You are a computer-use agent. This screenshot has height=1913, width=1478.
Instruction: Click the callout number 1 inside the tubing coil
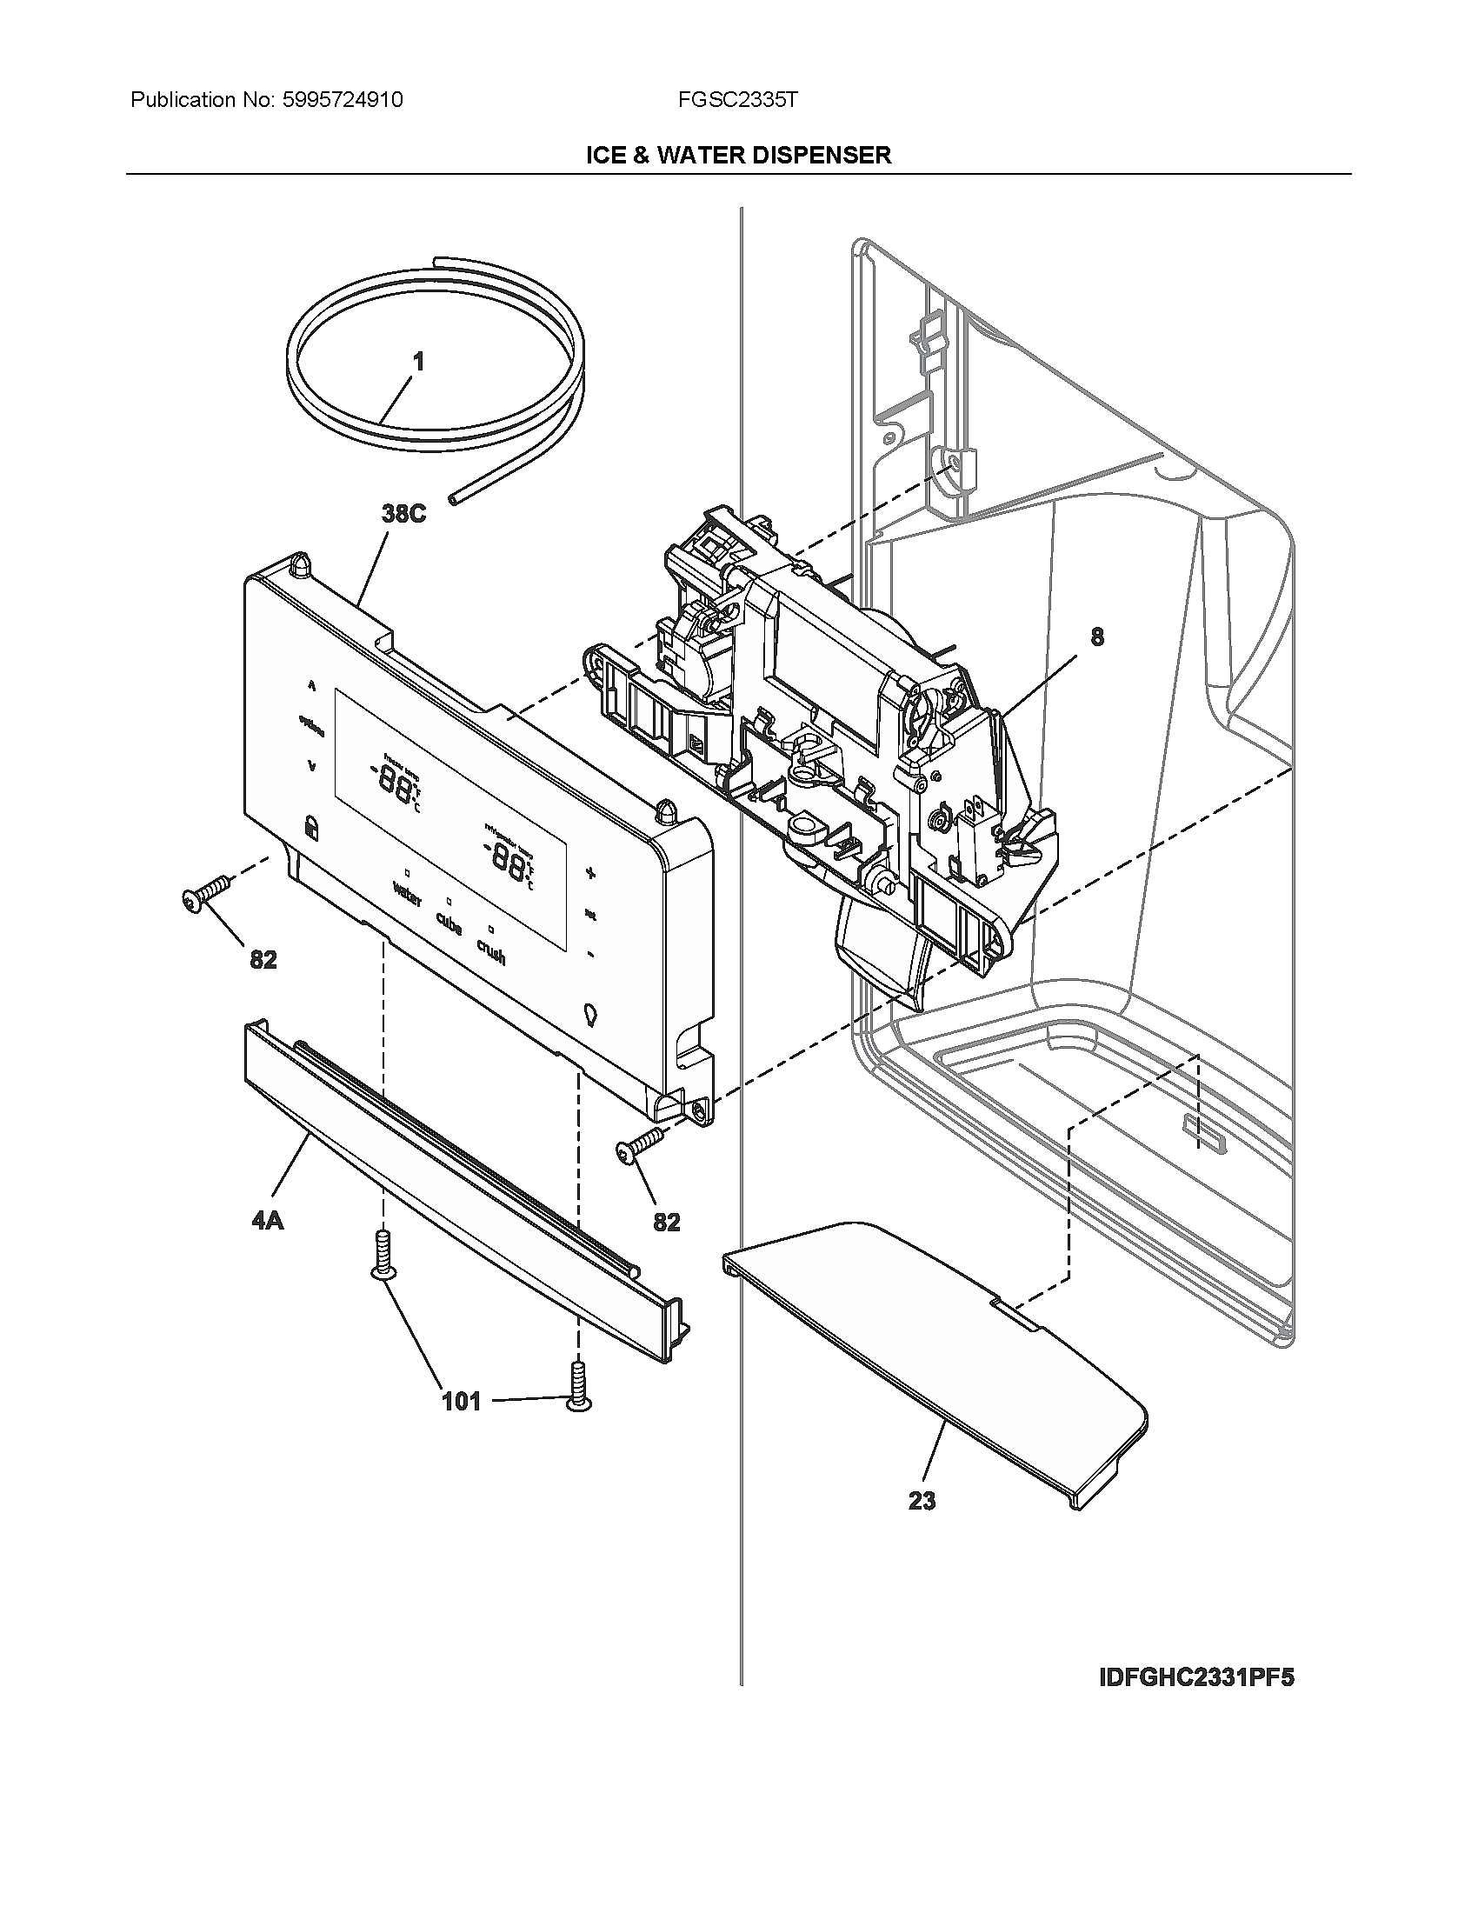[418, 361]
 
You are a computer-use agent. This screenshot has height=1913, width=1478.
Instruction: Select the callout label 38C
[403, 514]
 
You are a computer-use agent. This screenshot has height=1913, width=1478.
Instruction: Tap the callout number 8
[1097, 637]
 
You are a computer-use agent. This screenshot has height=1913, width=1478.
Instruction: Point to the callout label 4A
[268, 1220]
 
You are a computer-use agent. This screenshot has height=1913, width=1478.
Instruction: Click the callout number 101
[461, 1402]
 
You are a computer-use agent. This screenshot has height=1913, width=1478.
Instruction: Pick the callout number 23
[922, 1502]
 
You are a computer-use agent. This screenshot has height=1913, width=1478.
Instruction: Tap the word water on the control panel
[407, 895]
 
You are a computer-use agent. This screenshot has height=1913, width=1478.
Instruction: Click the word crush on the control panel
[490, 951]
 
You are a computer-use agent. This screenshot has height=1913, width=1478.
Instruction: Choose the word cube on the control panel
[449, 923]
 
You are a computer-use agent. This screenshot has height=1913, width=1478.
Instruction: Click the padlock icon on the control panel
[311, 825]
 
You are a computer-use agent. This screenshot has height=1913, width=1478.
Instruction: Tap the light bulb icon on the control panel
[589, 1015]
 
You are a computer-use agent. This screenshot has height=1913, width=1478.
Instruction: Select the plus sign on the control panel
[590, 872]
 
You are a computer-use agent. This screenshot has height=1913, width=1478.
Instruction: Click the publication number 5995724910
[343, 100]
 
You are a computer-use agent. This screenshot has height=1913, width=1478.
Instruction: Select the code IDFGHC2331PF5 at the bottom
[1196, 1677]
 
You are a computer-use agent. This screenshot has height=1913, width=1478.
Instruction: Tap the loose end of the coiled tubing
[453, 499]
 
